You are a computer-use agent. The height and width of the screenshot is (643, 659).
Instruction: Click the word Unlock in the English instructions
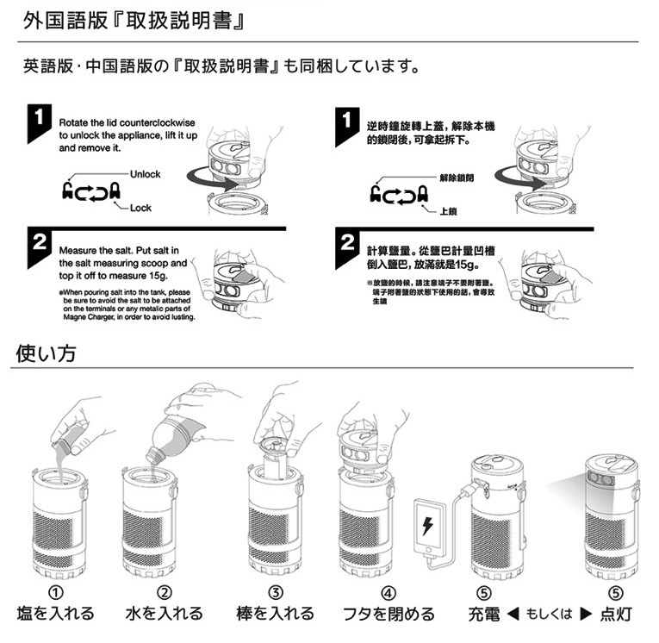(145, 174)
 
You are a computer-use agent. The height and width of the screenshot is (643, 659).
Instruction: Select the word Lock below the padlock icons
(140, 209)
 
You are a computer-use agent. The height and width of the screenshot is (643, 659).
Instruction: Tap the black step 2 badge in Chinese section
(347, 244)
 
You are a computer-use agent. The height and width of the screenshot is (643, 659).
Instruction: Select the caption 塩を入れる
(56, 614)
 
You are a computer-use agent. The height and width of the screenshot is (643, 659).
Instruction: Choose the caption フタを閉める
(389, 614)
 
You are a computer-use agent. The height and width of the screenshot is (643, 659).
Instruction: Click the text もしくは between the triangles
(549, 615)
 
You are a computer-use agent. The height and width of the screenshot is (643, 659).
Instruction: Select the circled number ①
(56, 593)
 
